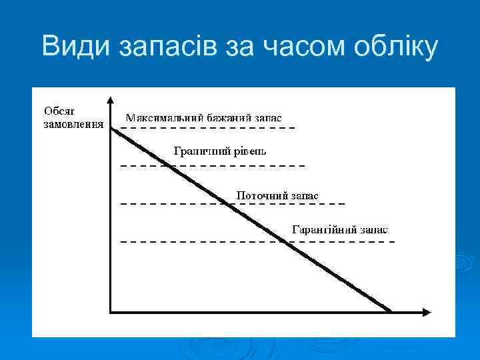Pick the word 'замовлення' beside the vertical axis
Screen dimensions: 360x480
point(73,123)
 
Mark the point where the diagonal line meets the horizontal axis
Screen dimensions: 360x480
point(391,311)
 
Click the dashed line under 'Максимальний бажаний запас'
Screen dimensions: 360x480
point(207,127)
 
